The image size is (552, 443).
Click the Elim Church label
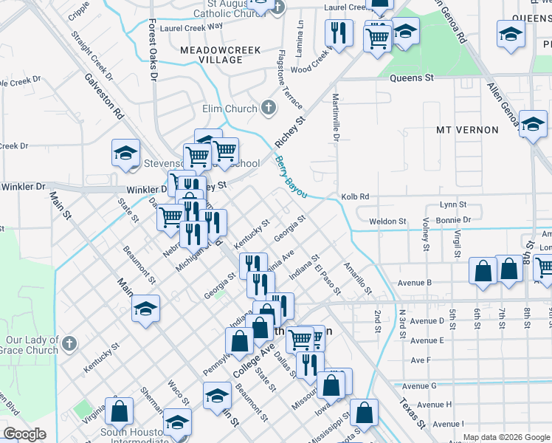click(230, 109)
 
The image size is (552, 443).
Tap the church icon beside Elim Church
click(270, 109)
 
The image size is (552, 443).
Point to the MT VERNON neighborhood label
click(467, 130)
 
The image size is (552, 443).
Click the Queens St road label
click(416, 77)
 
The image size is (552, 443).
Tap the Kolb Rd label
click(354, 197)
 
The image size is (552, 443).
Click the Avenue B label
click(413, 282)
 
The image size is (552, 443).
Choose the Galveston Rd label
click(103, 96)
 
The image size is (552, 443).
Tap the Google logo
click(24, 434)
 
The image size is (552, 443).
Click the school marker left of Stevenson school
click(125, 153)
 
